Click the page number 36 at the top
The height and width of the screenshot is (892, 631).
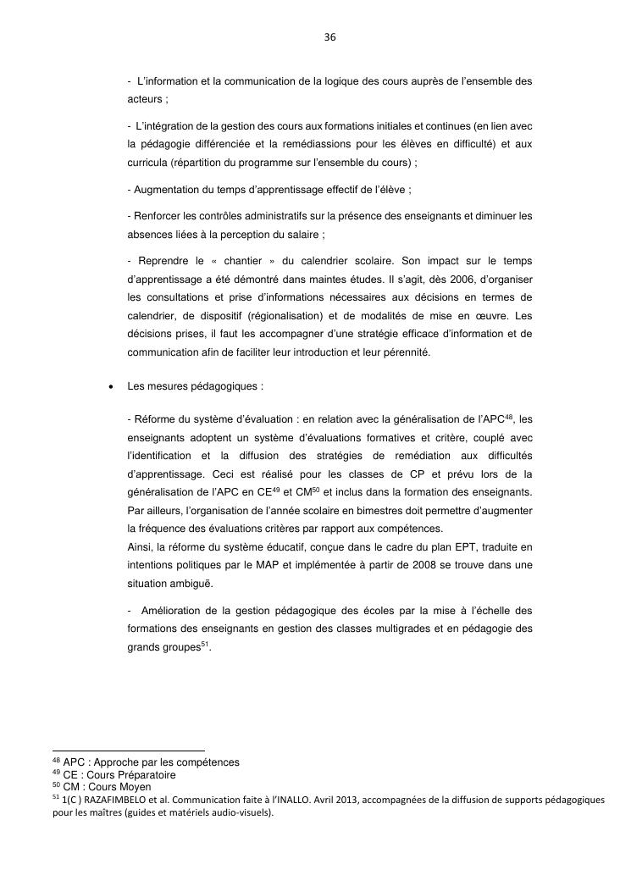pos(330,37)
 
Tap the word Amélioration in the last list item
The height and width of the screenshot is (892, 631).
pos(178,612)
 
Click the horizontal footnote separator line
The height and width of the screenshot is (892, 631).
pos(128,751)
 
